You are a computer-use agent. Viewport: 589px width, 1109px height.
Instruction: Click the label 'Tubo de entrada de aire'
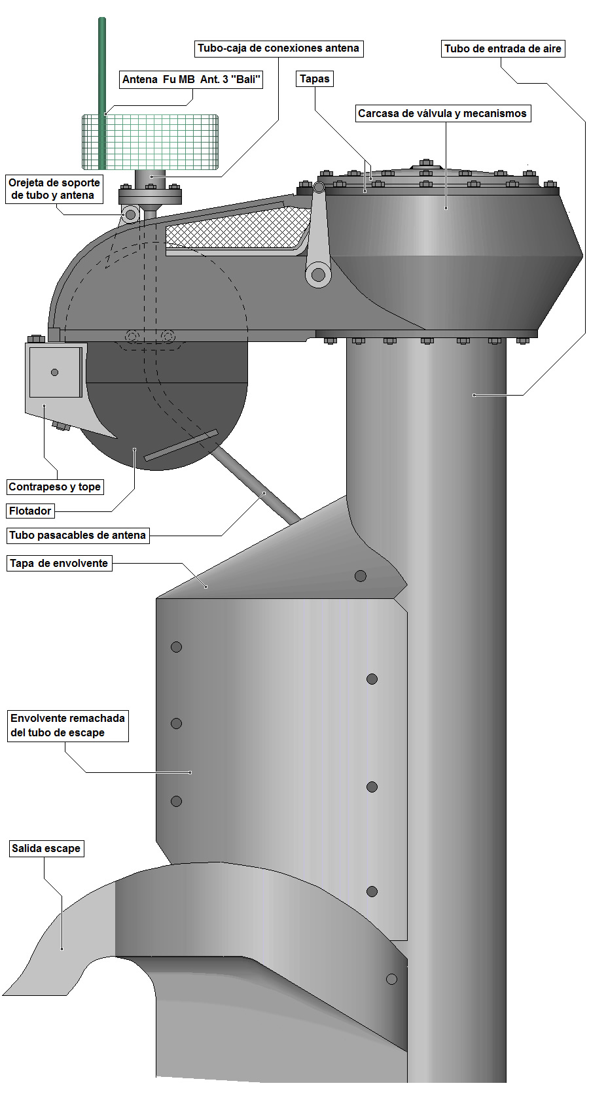click(x=503, y=49)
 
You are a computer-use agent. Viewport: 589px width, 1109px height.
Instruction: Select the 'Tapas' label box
click(x=315, y=79)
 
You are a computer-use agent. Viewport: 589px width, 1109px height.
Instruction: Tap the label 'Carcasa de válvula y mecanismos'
click(x=442, y=114)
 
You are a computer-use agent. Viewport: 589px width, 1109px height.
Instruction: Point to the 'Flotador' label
click(x=30, y=511)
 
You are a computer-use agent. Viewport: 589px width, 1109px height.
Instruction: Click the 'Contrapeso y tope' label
click(x=55, y=487)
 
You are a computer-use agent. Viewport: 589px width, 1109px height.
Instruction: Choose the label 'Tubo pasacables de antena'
click(x=77, y=536)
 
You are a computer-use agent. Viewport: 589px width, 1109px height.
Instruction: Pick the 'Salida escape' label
click(x=46, y=849)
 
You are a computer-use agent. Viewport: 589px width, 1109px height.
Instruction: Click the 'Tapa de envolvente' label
click(x=59, y=564)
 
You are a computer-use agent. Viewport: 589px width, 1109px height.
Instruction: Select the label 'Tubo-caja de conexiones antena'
click(x=278, y=48)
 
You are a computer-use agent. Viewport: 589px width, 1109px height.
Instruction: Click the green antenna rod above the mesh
click(x=102, y=65)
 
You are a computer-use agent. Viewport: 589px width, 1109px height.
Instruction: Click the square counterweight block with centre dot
click(x=55, y=372)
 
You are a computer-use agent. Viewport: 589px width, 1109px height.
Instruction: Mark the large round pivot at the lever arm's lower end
click(x=319, y=275)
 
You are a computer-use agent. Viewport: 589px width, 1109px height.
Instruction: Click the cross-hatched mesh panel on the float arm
click(x=236, y=228)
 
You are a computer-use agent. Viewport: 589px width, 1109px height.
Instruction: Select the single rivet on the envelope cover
click(x=361, y=576)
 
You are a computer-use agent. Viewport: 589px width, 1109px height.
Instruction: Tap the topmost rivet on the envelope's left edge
click(x=176, y=647)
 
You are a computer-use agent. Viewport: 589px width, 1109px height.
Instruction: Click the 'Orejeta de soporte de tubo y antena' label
click(x=54, y=189)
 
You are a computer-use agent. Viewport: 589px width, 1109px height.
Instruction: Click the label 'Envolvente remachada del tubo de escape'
click(x=67, y=726)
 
